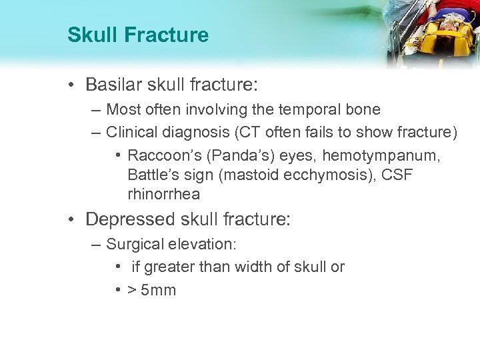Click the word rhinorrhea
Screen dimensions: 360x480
tap(163, 195)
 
